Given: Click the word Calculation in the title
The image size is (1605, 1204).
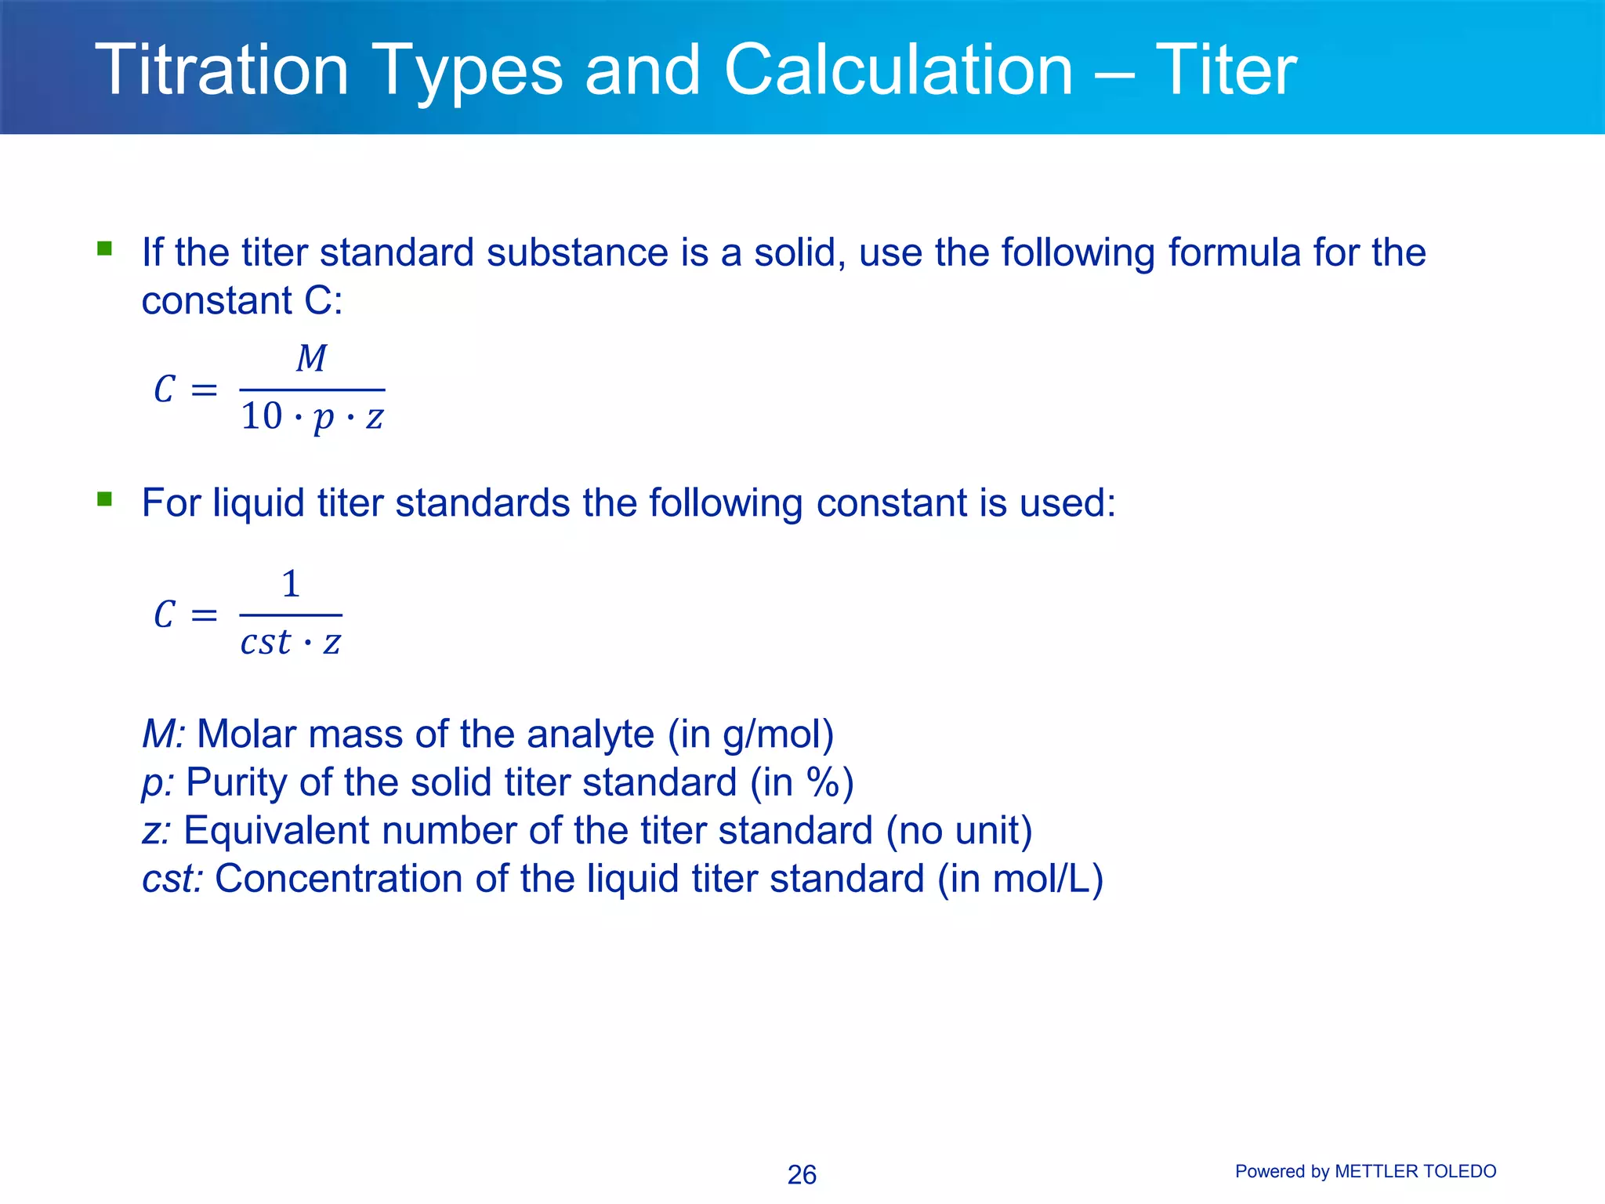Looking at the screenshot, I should coord(898,71).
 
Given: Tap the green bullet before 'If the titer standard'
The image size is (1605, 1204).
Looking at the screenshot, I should coord(104,249).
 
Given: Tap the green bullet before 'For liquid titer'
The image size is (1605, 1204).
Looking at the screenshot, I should coord(104,499).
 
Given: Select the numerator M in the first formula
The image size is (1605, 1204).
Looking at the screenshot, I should coord(311,359).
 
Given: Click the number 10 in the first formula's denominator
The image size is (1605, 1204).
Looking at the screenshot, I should coord(261,416).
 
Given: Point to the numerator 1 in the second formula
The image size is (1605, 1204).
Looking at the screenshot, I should coord(291,584).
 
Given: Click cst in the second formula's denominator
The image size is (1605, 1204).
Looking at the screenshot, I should coord(266,642).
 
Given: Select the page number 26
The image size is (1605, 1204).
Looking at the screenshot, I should coord(802,1174).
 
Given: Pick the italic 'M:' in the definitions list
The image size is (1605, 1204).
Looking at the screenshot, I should coord(163,734).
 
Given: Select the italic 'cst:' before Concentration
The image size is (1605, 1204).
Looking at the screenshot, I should coord(172,879).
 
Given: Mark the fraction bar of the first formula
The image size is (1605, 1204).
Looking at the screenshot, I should coord(312,390).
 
